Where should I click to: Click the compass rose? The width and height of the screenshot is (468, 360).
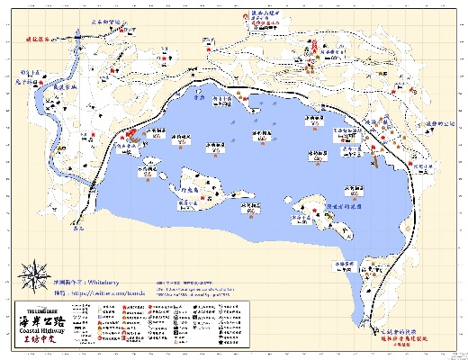pos(35,275)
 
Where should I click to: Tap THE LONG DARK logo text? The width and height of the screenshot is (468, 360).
pos(38,310)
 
